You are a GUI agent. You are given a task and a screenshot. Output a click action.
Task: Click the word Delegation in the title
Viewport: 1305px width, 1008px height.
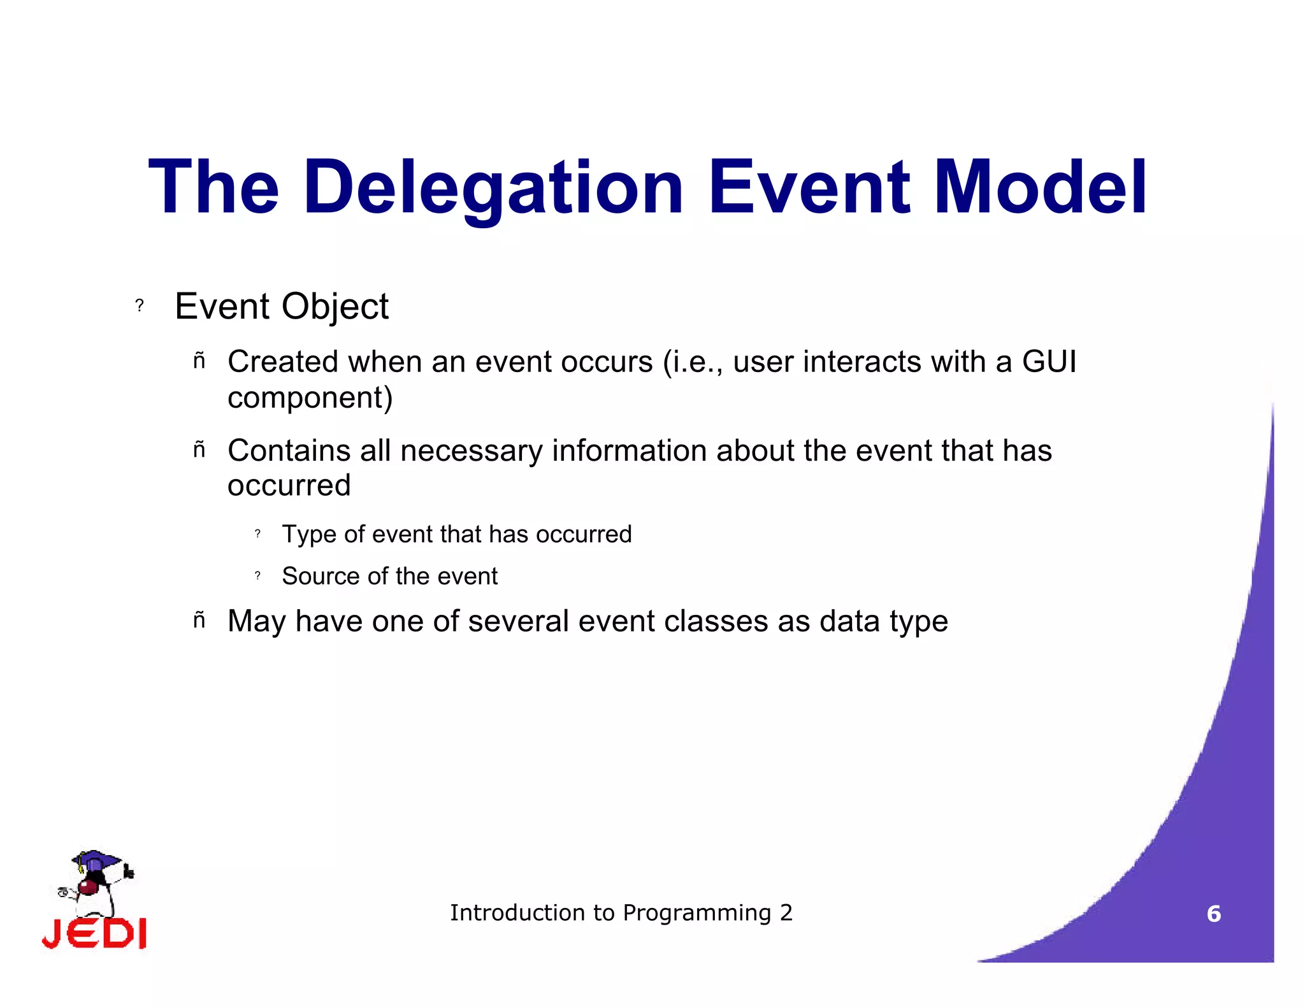point(494,188)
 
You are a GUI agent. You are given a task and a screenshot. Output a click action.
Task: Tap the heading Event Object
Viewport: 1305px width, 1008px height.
point(281,306)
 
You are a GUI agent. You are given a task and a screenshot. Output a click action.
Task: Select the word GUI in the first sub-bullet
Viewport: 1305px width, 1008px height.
point(1049,362)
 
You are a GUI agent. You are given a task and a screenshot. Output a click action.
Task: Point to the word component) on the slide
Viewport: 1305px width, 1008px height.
point(310,398)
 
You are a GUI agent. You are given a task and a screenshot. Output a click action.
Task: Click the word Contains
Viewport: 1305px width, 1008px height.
point(289,450)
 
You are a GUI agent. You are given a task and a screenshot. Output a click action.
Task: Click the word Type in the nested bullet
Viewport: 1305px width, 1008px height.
point(308,535)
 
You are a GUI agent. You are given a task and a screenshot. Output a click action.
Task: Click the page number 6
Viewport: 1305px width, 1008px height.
point(1213,914)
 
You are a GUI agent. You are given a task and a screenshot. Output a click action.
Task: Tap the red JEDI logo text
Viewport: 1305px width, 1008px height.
point(94,934)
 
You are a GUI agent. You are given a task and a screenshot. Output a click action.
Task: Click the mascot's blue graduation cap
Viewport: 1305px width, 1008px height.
point(96,860)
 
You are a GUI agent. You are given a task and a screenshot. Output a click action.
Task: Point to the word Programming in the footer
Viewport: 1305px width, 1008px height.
point(696,913)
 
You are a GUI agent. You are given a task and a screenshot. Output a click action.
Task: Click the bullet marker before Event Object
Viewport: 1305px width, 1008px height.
point(140,306)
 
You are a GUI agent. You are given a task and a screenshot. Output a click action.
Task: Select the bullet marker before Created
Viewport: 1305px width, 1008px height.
point(199,361)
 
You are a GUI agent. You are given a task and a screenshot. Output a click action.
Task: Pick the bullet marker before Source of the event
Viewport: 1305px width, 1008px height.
point(257,575)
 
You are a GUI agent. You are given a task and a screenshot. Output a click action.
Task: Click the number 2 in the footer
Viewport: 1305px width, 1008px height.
point(786,913)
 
